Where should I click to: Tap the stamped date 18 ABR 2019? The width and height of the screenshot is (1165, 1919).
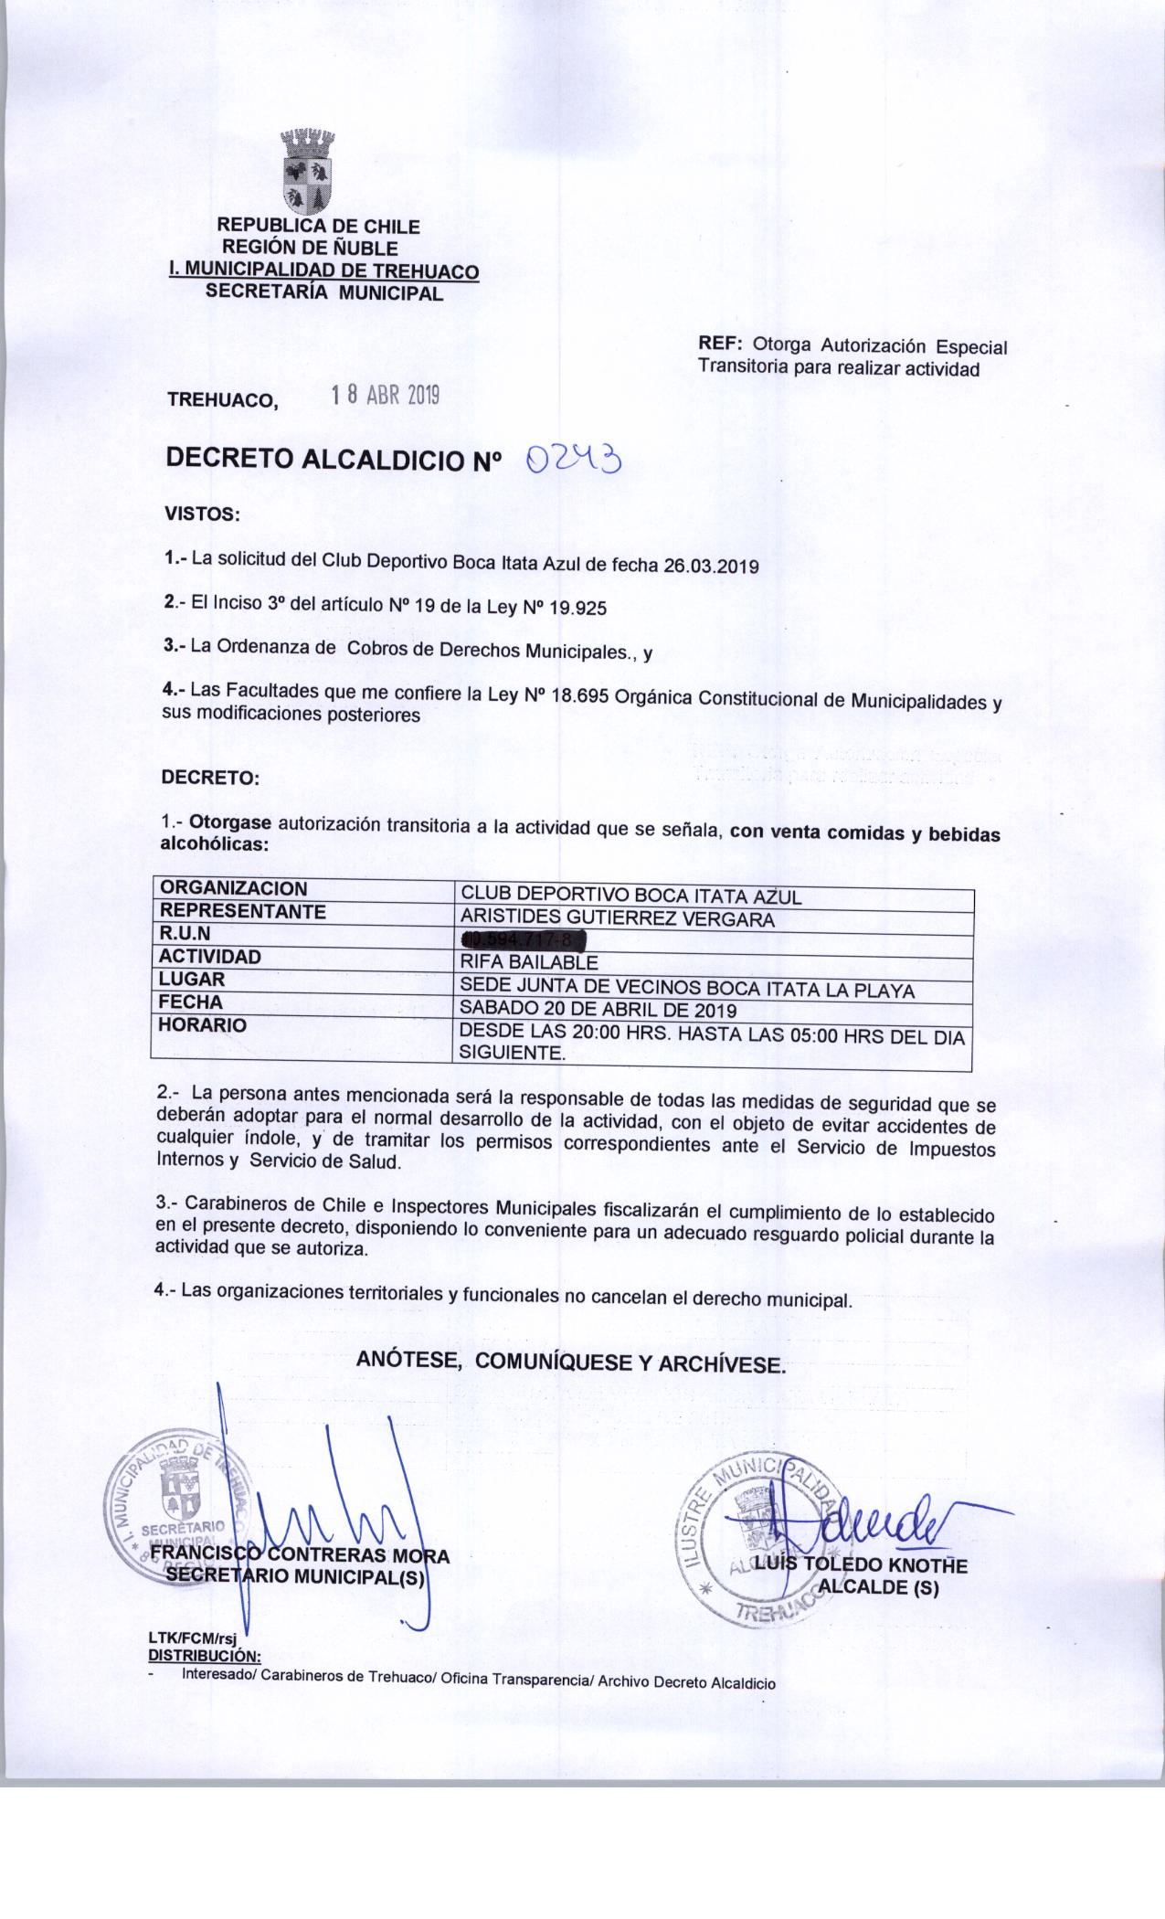click(386, 395)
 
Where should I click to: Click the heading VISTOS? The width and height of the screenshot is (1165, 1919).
click(201, 514)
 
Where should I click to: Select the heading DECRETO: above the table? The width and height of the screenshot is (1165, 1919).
click(210, 779)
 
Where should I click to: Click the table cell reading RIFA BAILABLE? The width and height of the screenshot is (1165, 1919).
click(529, 962)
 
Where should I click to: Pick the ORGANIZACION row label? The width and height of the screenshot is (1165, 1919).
click(233, 889)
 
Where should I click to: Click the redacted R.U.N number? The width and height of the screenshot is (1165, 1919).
click(523, 939)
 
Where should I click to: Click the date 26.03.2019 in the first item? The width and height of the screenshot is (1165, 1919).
click(711, 566)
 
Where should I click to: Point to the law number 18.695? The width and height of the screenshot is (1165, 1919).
click(582, 696)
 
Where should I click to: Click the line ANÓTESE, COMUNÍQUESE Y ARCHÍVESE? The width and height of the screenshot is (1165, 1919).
click(570, 1362)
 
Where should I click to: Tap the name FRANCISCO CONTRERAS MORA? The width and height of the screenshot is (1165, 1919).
click(299, 1556)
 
